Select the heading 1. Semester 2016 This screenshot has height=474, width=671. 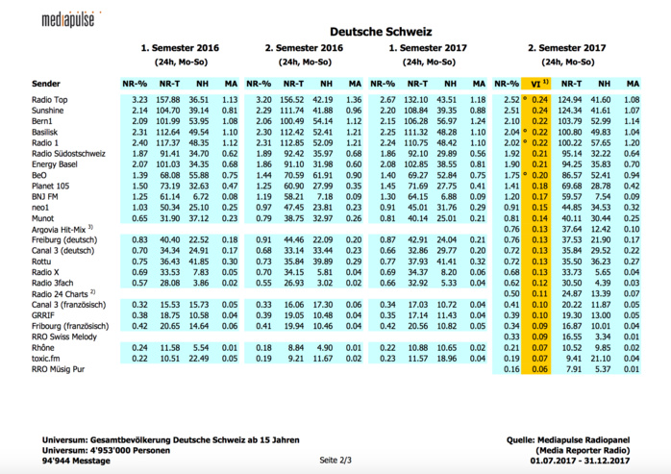pyautogui.click(x=180, y=46)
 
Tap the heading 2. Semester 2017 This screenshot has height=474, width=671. pyautogui.click(x=566, y=46)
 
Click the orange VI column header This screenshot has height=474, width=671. pyautogui.click(x=539, y=84)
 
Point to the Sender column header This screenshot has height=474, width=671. pyautogui.click(x=46, y=84)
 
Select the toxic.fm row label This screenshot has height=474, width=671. pyautogui.click(x=46, y=358)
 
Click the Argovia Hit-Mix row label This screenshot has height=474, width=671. pyautogui.click(x=62, y=229)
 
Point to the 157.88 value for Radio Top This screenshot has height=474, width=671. pyautogui.click(x=168, y=100)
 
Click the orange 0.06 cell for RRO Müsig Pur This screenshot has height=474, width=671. pyautogui.click(x=539, y=368)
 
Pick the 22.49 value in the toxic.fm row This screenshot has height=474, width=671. pyautogui.click(x=199, y=358)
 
